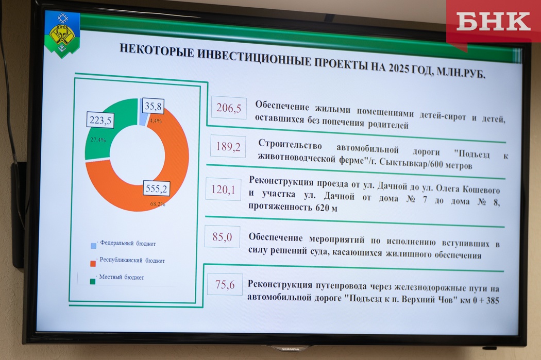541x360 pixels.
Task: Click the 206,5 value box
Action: click(x=229, y=108)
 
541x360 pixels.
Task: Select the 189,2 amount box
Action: click(x=228, y=147)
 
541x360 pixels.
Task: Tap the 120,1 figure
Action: click(x=223, y=190)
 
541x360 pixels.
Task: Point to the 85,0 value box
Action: click(x=222, y=237)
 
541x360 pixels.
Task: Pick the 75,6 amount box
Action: click(x=225, y=284)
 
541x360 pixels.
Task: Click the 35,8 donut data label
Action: click(x=153, y=106)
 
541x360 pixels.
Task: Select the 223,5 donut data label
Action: click(x=100, y=120)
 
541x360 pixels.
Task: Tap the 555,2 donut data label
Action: click(x=156, y=188)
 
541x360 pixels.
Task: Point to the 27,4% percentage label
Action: click(x=98, y=140)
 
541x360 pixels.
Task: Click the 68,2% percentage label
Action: click(x=158, y=204)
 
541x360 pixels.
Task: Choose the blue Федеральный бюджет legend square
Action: click(x=93, y=246)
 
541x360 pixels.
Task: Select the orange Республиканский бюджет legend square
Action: click(x=93, y=264)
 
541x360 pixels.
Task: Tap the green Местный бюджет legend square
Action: click(x=92, y=281)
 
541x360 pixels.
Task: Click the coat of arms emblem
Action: click(x=62, y=34)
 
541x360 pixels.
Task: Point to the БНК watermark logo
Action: click(x=494, y=22)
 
